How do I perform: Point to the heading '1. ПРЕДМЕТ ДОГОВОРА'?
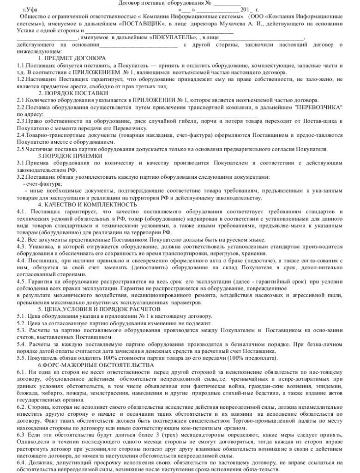[x=72, y=58]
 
